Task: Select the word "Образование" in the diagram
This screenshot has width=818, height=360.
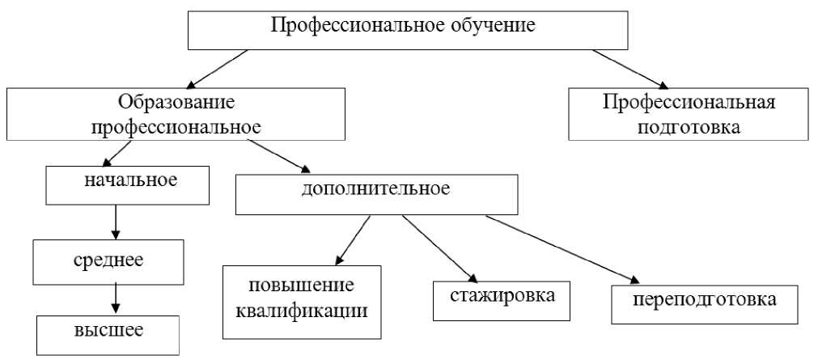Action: [176, 103]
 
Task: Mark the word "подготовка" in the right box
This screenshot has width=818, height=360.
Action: [689, 127]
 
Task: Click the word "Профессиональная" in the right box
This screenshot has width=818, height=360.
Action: [689, 103]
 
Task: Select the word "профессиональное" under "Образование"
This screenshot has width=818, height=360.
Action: [176, 126]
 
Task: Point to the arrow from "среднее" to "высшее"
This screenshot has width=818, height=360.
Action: [116, 297]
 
